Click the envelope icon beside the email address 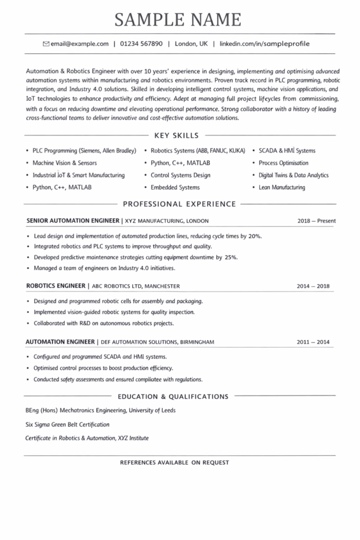point(46,44)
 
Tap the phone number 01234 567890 point(141,44)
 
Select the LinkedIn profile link point(265,44)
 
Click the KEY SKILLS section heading point(177,136)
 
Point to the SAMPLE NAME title point(178,20)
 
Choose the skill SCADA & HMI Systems point(287,151)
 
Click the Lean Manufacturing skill point(282,187)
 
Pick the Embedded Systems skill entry point(175,187)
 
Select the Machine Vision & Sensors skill point(65,163)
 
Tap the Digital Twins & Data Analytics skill point(294,175)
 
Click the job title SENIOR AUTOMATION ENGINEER point(72,221)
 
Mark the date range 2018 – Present point(316,221)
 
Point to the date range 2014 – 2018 point(313,286)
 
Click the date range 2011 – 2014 point(313,342)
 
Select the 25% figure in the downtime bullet point(231,257)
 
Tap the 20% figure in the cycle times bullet point(255,236)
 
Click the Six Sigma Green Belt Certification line point(67,424)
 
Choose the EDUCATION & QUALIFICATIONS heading point(173,397)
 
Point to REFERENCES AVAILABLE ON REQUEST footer point(174,462)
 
